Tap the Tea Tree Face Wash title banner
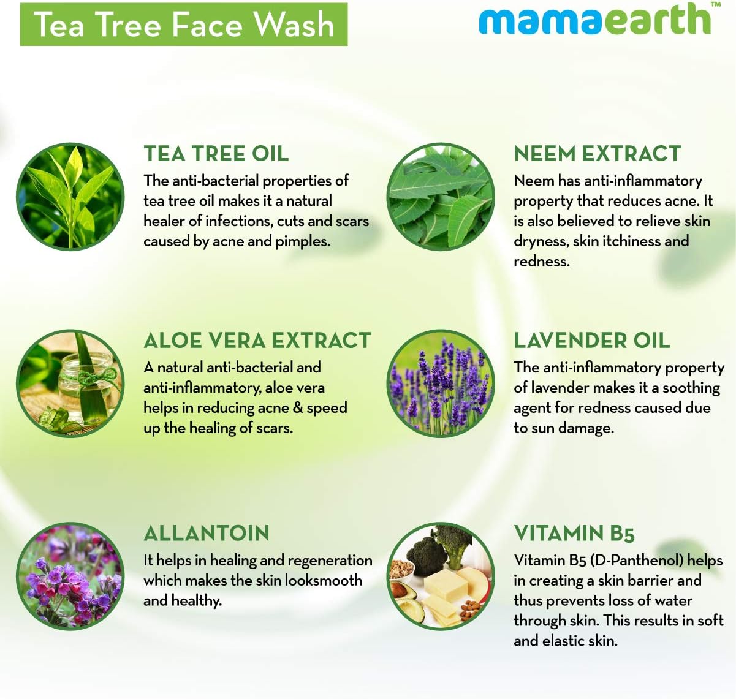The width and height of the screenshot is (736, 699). (x=184, y=25)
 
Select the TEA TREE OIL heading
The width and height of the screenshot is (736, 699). (x=216, y=154)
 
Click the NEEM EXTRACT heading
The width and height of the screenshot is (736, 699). (x=598, y=154)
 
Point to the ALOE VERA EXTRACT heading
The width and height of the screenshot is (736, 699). (x=257, y=341)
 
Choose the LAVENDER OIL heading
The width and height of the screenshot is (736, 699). (x=592, y=341)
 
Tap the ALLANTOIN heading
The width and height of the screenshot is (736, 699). (x=207, y=533)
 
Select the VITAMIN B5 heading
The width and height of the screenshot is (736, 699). (x=574, y=533)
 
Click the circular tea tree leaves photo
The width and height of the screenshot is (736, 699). (x=70, y=197)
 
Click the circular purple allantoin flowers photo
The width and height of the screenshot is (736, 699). (x=70, y=576)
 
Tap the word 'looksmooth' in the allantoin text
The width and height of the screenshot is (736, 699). (x=323, y=581)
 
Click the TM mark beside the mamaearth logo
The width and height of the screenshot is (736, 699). (x=715, y=5)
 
